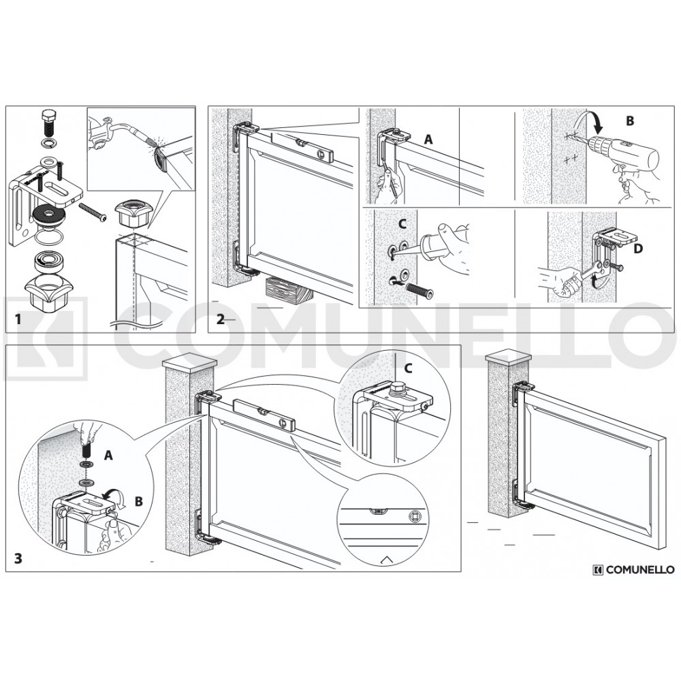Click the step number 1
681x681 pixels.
pyautogui.click(x=18, y=319)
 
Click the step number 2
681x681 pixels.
pyautogui.click(x=221, y=319)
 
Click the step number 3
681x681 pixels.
pyautogui.click(x=18, y=558)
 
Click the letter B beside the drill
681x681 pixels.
pyautogui.click(x=630, y=121)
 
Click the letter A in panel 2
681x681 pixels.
pyautogui.click(x=428, y=140)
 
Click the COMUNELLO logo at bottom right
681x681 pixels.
pyautogui.click(x=633, y=569)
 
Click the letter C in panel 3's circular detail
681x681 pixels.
pyautogui.click(x=408, y=368)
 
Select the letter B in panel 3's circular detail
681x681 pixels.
pyautogui.click(x=138, y=502)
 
